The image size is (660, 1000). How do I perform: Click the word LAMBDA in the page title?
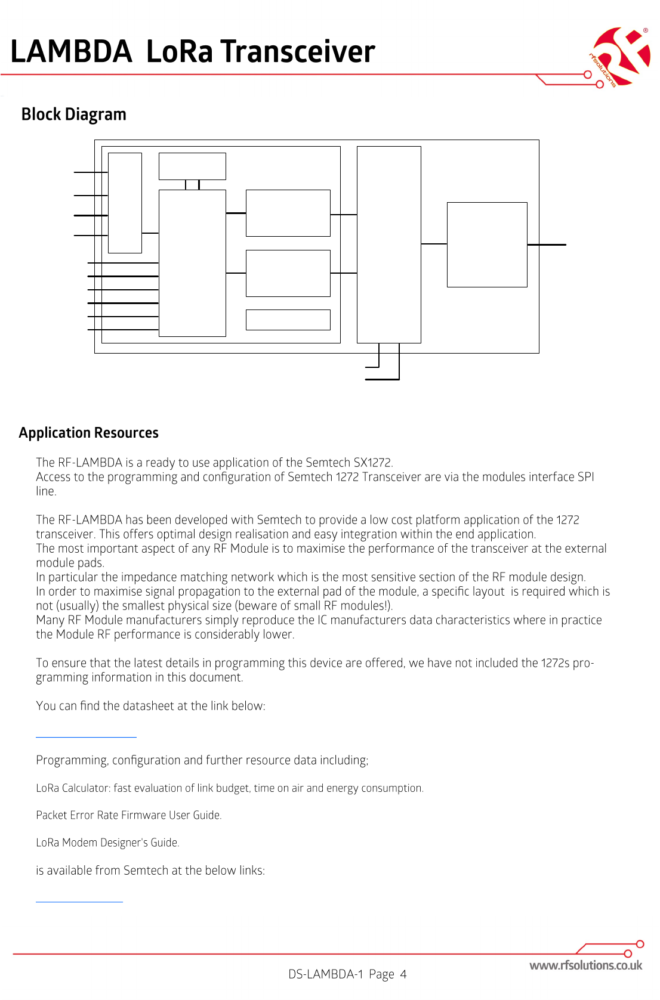pyautogui.click(x=71, y=51)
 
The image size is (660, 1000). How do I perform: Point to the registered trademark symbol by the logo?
pyautogui.click(x=645, y=30)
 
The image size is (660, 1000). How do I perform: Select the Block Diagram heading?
pyautogui.click(x=73, y=114)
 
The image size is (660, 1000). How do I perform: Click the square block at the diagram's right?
pyautogui.click(x=487, y=244)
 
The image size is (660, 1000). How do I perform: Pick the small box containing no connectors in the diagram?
pyautogui.click(x=288, y=320)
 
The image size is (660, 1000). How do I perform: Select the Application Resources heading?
pyautogui.click(x=88, y=433)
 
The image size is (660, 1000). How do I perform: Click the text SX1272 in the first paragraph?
pyautogui.click(x=373, y=463)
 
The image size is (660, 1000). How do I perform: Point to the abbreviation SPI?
pyautogui.click(x=585, y=477)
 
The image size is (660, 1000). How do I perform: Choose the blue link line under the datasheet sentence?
pyautogui.click(x=86, y=737)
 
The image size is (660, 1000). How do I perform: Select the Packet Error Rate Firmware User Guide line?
pyautogui.click(x=128, y=815)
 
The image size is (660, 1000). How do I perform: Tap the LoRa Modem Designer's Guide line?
pyautogui.click(x=107, y=843)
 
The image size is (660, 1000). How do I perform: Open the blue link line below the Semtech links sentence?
pyautogui.click(x=79, y=902)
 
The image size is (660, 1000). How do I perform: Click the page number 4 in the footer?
pyautogui.click(x=403, y=974)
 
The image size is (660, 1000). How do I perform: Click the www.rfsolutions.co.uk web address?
pyautogui.click(x=585, y=965)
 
